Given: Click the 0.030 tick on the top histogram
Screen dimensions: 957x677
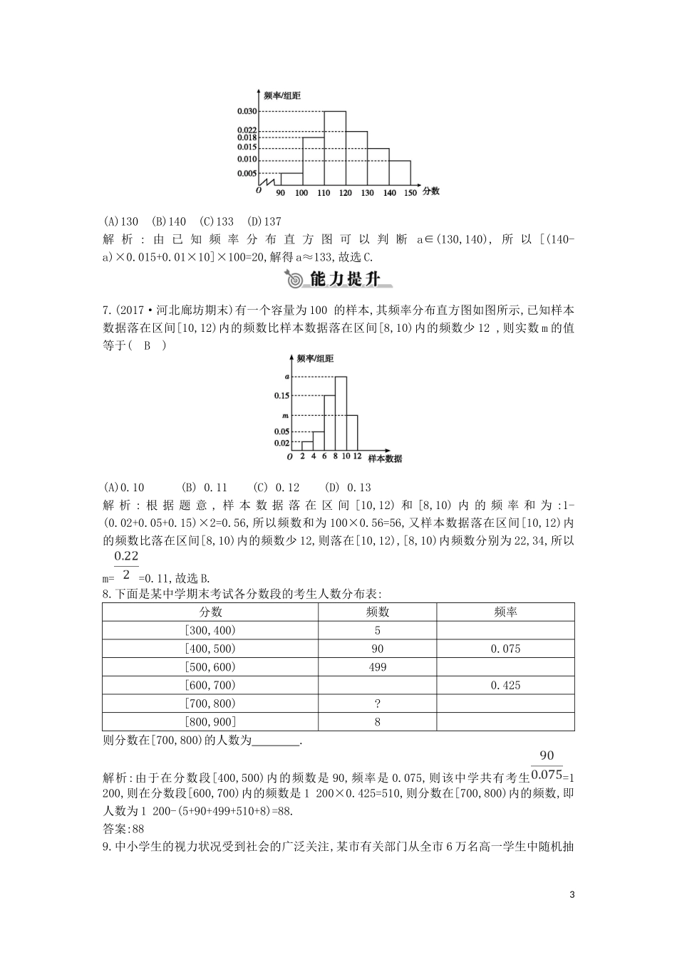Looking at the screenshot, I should coord(247,111).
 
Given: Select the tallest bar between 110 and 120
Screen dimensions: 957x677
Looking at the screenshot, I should coord(335,150).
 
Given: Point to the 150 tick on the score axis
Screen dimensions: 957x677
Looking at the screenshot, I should coord(410,193).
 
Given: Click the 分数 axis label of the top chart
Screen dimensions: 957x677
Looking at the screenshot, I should coord(430,191).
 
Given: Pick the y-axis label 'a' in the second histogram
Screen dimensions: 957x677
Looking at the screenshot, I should coord(286,377).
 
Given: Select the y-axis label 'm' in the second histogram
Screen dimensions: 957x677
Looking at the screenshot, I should coord(286,415).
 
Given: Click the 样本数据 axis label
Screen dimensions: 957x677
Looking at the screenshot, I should coord(385,459).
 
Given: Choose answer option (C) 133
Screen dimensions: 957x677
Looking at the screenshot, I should coord(217,222).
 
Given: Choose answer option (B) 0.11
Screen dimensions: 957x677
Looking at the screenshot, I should coord(205,488).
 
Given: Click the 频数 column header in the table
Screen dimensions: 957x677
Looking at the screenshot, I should coord(378,612).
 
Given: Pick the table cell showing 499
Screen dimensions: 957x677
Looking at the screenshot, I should coord(378,667).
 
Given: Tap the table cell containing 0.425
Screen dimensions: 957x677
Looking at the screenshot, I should coord(505,685).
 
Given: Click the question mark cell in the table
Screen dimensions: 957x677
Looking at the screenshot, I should coord(378,704).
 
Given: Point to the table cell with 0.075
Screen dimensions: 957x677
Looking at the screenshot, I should coord(505,649).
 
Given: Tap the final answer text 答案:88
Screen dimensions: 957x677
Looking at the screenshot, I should coord(124,829).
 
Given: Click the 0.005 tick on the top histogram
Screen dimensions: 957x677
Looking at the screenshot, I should coord(247,173).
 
